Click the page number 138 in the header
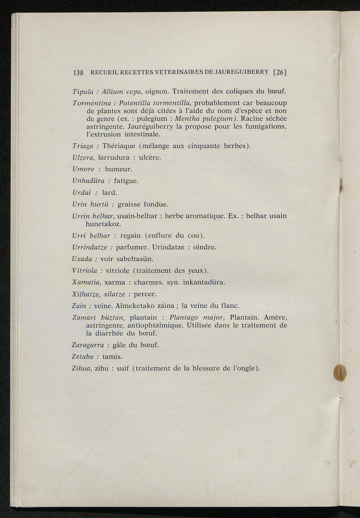click(78, 73)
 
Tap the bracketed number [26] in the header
click(280, 72)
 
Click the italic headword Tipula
click(83, 92)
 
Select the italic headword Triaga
click(83, 146)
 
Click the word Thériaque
click(118, 146)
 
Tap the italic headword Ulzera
click(83, 158)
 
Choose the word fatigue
click(126, 181)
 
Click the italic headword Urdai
click(82, 192)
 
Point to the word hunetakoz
click(103, 224)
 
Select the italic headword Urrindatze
click(90, 247)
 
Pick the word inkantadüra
click(204, 282)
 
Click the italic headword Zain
click(79, 306)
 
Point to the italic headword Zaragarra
click(88, 345)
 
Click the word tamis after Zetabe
click(112, 357)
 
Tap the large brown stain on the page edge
click(340, 373)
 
